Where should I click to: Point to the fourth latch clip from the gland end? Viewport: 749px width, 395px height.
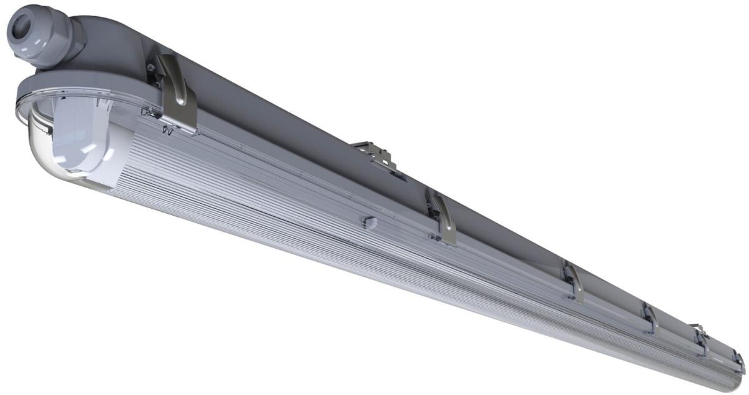pyautogui.click(x=650, y=319)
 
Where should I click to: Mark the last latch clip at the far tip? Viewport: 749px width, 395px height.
pyautogui.click(x=739, y=362)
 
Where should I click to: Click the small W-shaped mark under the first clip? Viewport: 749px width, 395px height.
pyautogui.click(x=167, y=131)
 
